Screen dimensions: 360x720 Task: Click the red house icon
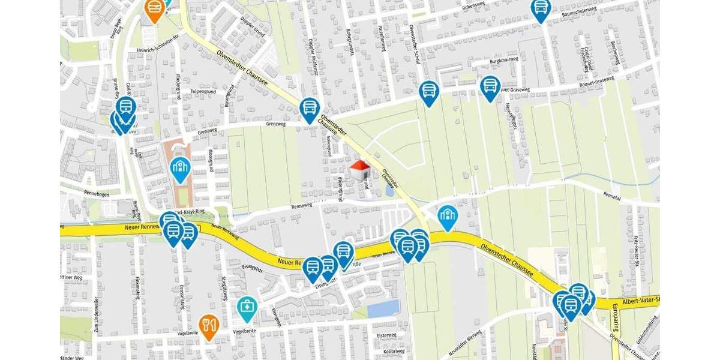[360, 170]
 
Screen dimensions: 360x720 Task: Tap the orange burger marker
[155, 8]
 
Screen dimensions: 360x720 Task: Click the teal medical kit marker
[246, 308]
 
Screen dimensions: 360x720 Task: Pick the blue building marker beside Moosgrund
[180, 169]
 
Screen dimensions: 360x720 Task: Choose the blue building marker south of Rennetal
[448, 217]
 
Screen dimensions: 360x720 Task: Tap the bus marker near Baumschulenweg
[541, 9]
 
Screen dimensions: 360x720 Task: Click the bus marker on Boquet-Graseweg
[490, 86]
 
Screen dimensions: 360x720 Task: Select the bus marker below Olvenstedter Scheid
[429, 92]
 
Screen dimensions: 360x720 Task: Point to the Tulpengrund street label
[202, 92]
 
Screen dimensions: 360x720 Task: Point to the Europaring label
[616, 317]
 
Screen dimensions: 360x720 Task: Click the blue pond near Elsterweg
[383, 308]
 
